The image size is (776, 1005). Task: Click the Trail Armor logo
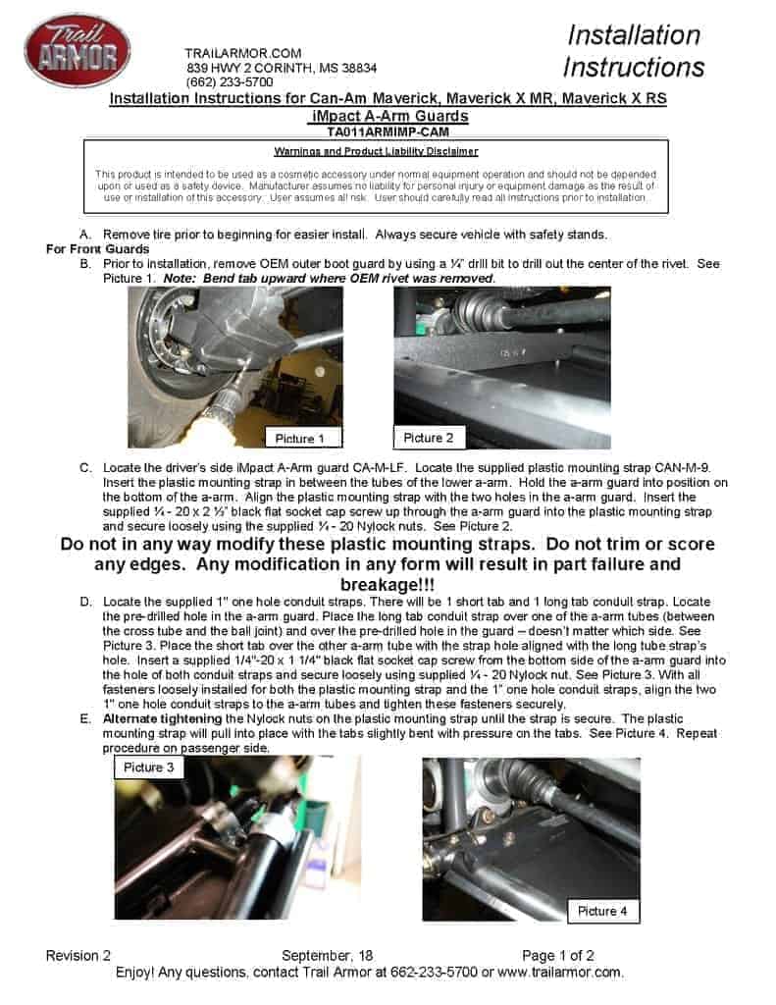(x=77, y=51)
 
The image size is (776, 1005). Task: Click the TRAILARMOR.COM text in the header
(x=242, y=53)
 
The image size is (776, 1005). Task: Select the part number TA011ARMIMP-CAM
(x=388, y=131)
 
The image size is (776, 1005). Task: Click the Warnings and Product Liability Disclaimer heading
(x=376, y=152)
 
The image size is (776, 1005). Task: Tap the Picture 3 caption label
(x=149, y=767)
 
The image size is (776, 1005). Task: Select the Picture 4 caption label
(x=602, y=911)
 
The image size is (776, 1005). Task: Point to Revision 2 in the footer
(x=78, y=956)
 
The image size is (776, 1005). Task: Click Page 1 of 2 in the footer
(x=558, y=956)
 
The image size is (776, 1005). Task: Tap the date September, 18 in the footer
(x=327, y=956)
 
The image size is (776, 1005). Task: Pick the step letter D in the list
(x=86, y=602)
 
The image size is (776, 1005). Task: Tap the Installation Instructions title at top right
(x=634, y=51)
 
